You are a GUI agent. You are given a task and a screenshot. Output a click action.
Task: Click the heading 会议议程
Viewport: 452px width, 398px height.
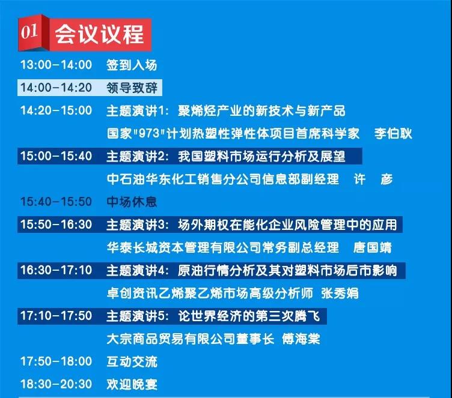(99, 34)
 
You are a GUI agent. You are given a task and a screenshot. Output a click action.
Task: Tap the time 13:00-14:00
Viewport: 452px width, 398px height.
(56, 64)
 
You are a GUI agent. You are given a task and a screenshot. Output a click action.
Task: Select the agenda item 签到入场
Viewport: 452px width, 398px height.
(132, 65)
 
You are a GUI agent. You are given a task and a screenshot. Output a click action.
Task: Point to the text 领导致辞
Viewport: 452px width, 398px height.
(132, 88)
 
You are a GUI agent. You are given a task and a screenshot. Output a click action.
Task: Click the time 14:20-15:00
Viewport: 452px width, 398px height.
(56, 110)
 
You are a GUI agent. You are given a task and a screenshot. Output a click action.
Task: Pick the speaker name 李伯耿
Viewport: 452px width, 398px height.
(393, 133)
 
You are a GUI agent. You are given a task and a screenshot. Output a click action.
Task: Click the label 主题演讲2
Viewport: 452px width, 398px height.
(137, 156)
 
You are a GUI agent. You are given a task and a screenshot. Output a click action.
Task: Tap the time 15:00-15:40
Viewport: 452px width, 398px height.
(56, 156)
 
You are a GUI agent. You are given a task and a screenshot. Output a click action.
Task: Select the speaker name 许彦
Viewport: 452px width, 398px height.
(373, 179)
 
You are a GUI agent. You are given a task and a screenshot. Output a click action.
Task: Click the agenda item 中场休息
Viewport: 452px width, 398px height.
(132, 202)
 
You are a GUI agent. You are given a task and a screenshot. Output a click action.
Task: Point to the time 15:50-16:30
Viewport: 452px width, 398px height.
(56, 225)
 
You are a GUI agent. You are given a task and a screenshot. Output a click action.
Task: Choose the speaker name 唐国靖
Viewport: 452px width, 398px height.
(373, 247)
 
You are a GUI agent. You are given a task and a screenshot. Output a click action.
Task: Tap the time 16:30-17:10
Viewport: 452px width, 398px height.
(56, 270)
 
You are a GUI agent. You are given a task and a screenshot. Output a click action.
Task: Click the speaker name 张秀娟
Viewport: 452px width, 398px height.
(340, 293)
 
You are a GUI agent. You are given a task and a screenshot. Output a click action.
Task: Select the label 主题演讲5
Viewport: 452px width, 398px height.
(137, 316)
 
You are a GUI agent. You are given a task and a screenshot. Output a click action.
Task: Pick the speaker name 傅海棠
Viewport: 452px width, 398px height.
(301, 339)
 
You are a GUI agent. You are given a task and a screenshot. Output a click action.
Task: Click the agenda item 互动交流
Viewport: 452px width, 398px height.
(132, 362)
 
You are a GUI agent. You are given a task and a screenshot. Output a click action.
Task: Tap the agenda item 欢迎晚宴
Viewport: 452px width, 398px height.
(132, 384)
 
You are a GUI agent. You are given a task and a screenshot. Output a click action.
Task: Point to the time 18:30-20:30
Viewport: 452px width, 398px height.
(56, 384)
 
